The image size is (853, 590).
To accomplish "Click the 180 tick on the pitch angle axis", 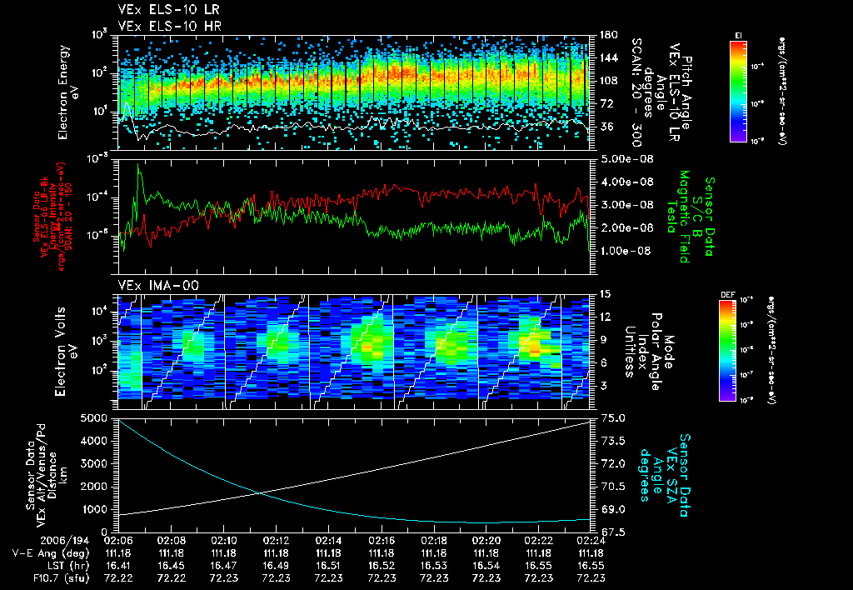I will tap(606, 35).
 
